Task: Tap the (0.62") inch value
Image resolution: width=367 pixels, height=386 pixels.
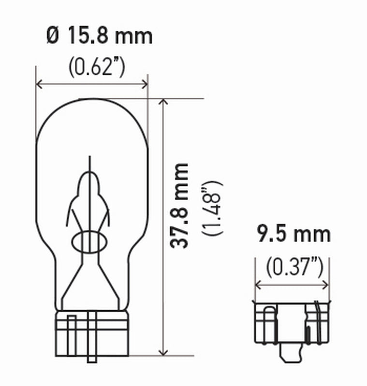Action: pos(96,67)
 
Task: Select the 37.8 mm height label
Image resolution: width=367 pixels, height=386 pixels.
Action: pos(180,206)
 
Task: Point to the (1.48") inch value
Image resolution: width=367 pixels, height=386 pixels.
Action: pos(213,207)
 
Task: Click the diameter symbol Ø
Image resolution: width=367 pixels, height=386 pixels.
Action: pos(53,37)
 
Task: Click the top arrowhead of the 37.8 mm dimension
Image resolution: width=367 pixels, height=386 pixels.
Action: pos(164,102)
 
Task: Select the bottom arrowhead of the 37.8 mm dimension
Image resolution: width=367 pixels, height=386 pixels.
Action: pos(164,353)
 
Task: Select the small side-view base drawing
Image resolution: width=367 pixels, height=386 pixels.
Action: pos(292,323)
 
